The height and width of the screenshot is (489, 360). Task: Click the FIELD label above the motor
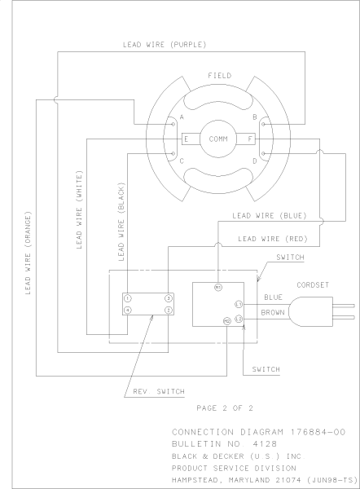[x=220, y=76]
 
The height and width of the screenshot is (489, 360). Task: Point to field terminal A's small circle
[x=173, y=124]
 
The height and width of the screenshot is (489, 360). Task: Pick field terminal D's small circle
[x=263, y=153]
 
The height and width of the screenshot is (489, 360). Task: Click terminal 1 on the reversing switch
[x=128, y=298]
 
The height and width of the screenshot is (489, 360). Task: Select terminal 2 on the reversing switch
[x=169, y=310]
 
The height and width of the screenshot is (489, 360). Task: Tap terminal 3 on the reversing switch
[x=169, y=298]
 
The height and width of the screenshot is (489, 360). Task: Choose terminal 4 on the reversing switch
[x=128, y=310]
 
